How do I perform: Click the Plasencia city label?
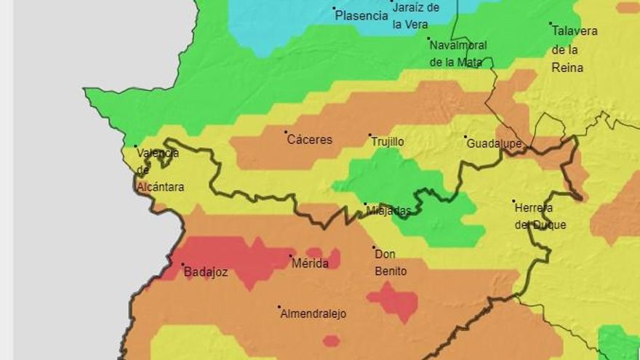(x=361, y=15)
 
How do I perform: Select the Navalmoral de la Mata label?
(x=457, y=53)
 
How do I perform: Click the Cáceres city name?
(x=309, y=140)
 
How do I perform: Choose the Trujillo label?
(x=388, y=142)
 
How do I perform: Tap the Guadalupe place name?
(x=495, y=143)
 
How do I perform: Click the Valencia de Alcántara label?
(x=159, y=169)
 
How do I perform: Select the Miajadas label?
(x=388, y=211)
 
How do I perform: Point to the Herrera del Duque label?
(x=540, y=216)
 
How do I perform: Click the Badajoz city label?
(x=206, y=273)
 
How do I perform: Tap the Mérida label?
(x=310, y=263)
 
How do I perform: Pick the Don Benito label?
(x=391, y=263)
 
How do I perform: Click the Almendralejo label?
(x=314, y=314)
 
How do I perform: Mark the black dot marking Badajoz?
(x=183, y=265)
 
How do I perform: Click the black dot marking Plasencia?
(x=335, y=9)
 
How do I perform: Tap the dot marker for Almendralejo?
(x=279, y=307)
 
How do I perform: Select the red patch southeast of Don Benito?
(x=393, y=300)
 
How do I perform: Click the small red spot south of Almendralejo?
(x=331, y=340)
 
